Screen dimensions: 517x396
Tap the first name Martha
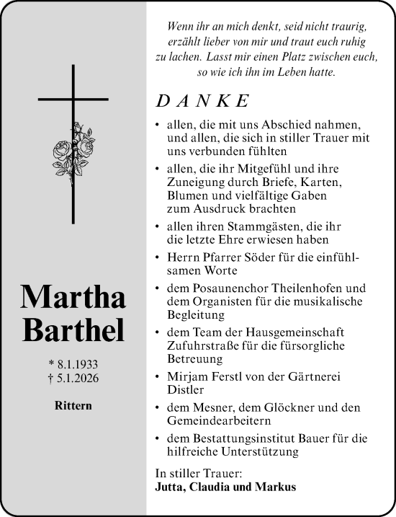click(73, 296)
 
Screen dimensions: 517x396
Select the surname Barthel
click(73, 329)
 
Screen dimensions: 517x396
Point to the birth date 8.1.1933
click(75, 361)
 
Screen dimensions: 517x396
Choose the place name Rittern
click(73, 405)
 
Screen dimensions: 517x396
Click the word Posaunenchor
click(221, 288)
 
